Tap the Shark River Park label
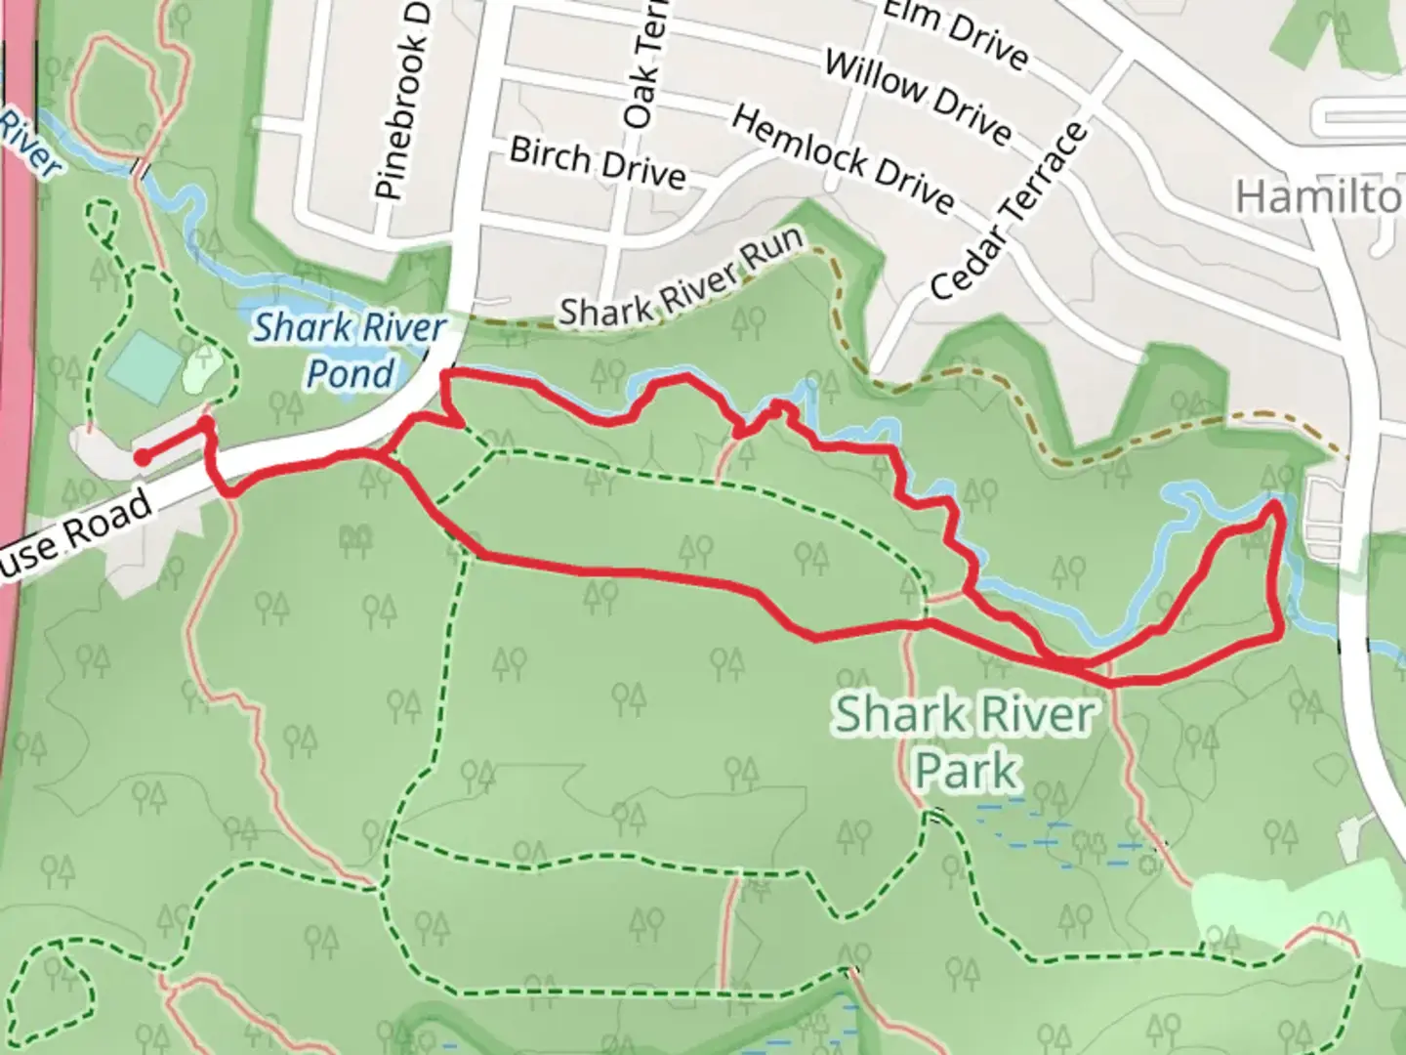(965, 740)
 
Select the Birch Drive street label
(598, 163)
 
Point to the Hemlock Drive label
(842, 159)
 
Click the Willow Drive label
(917, 97)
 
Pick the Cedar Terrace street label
(1009, 212)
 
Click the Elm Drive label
(954, 35)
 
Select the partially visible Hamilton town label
(1318, 198)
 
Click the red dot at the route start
(142, 456)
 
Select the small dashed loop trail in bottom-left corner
(54, 987)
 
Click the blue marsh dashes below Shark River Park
(1054, 835)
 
